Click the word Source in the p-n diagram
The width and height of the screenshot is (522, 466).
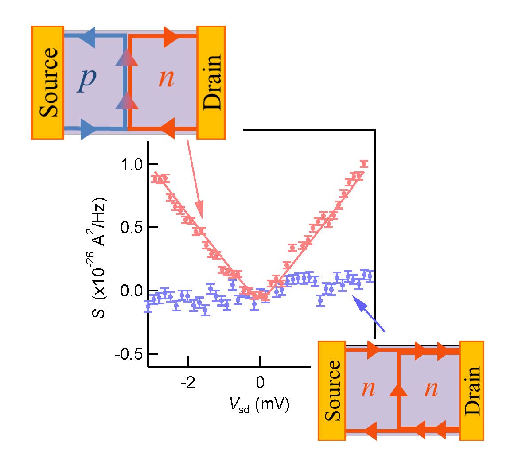[48, 82]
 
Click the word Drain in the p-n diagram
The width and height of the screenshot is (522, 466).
[211, 82]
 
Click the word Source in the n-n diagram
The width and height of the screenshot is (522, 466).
[332, 390]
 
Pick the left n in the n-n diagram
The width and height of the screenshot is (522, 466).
[368, 389]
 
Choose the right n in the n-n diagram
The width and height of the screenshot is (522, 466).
[431, 389]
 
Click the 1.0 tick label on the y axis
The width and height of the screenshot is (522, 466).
[132, 164]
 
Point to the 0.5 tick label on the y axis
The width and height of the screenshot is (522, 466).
[132, 228]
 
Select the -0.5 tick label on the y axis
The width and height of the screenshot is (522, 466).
[129, 354]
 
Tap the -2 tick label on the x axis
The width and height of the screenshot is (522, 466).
[188, 382]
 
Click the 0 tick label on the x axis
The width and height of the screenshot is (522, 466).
[260, 382]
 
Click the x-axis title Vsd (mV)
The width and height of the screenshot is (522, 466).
[259, 404]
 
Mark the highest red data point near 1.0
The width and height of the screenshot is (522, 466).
[364, 164]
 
